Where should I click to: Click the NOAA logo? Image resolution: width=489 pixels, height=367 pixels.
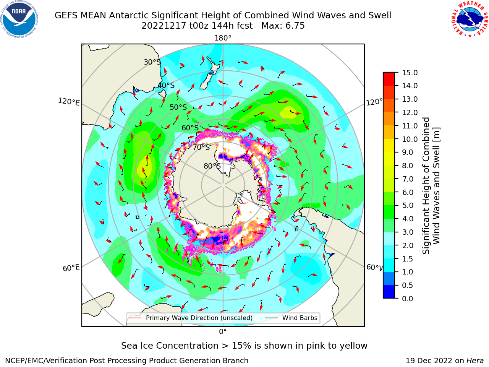(19, 19)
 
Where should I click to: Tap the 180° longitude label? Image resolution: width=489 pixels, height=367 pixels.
(223, 38)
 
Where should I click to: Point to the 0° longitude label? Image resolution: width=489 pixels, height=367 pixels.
(223, 332)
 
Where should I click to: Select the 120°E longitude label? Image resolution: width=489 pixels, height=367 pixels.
(69, 102)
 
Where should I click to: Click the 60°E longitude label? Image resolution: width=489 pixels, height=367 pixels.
(71, 268)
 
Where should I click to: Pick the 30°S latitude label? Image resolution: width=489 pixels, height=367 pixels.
(152, 62)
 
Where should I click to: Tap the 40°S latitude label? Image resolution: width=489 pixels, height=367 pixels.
(166, 85)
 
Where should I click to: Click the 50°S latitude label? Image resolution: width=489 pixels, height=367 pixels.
(178, 107)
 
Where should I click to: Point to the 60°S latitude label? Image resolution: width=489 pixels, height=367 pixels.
(190, 128)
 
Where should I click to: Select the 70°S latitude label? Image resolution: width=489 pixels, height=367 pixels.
(201, 148)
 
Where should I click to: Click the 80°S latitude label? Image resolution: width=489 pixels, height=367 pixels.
(212, 166)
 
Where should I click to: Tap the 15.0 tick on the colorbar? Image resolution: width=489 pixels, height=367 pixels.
(410, 73)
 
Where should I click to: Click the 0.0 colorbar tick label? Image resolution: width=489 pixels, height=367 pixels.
(408, 299)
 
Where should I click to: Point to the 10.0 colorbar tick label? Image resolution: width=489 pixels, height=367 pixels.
(410, 139)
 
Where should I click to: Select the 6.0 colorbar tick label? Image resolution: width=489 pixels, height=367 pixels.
(408, 192)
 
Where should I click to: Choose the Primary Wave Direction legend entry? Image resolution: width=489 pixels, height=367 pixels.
(191, 318)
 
